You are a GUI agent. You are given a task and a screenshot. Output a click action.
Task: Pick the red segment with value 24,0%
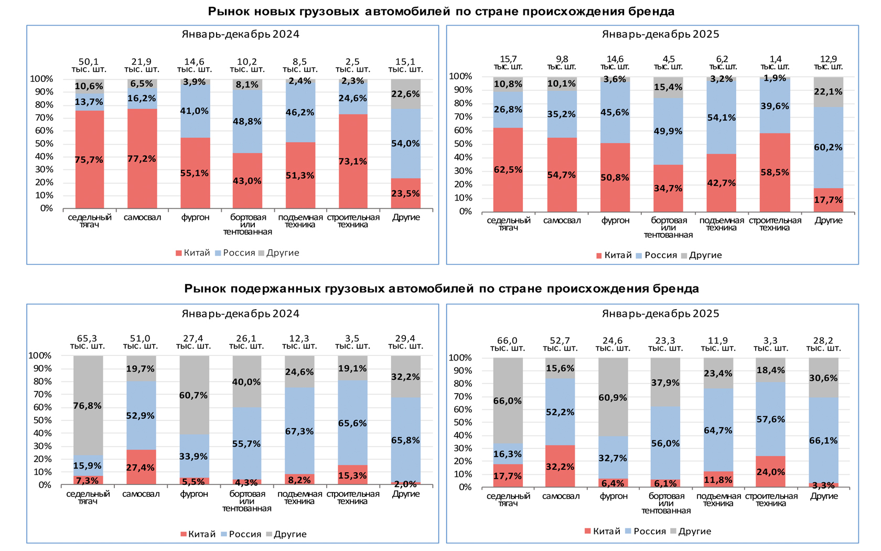point(770,472)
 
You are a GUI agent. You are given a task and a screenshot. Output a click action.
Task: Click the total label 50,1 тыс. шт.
point(89,65)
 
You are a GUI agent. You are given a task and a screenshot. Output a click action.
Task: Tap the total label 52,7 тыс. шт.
point(560,344)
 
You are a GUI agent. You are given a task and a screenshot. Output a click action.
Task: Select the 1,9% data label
point(775,78)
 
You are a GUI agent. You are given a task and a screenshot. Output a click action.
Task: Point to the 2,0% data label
point(405,484)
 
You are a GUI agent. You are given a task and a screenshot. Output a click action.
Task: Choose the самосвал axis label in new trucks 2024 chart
point(142,217)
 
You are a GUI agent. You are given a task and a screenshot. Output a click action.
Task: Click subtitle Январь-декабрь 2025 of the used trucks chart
point(660,314)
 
